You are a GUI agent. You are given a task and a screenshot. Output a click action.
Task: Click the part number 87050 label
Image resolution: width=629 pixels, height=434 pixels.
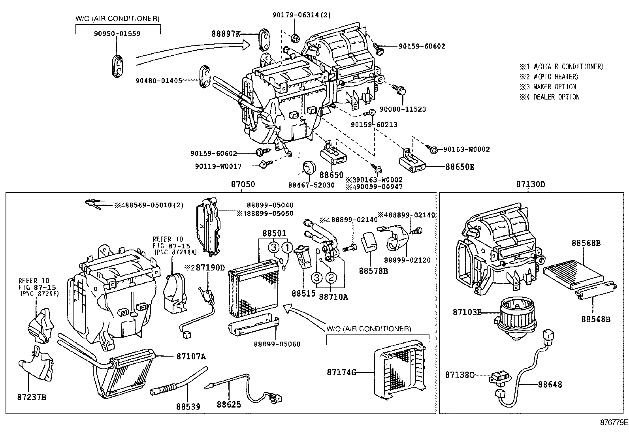tap(243, 184)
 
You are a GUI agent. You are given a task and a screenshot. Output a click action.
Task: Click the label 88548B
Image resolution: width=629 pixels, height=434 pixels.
tap(595, 319)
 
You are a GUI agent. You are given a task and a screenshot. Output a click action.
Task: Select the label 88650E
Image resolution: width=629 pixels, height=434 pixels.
tap(460, 167)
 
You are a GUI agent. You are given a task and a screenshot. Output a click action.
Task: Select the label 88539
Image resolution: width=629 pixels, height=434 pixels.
tap(188, 406)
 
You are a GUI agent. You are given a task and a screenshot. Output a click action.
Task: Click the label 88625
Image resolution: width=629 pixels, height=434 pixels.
tap(229, 405)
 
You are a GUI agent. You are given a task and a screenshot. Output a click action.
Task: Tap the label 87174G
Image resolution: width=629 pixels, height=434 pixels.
tap(341, 372)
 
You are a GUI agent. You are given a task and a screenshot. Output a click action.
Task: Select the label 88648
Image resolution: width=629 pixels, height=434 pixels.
tap(550, 385)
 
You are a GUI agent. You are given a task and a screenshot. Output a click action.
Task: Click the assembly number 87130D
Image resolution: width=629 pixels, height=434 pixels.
tap(531, 184)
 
